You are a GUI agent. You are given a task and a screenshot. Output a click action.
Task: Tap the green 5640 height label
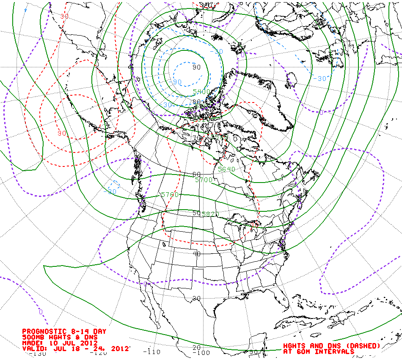[226, 169]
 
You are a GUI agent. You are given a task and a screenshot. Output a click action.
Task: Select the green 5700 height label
[204, 180]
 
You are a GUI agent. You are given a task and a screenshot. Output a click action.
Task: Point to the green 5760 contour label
[170, 195]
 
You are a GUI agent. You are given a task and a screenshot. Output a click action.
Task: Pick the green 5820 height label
[210, 214]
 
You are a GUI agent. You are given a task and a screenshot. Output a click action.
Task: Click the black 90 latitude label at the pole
[196, 67]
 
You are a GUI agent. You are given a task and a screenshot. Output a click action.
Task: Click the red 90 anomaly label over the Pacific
[62, 133]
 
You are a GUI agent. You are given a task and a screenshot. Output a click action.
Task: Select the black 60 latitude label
[196, 174]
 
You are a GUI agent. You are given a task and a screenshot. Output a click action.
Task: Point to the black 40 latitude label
[196, 254]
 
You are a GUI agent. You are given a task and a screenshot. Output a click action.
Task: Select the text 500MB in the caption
[32, 337]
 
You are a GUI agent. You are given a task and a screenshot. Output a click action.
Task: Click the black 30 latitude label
[196, 298]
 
